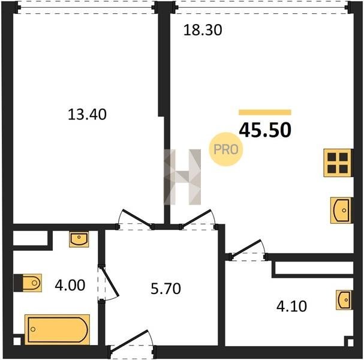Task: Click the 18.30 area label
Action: (203, 30)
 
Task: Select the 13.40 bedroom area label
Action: (87, 115)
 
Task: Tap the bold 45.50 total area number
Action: (265, 130)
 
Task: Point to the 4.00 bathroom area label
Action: (70, 285)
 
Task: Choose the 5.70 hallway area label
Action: (166, 289)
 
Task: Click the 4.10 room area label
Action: (291, 306)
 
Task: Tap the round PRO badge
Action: (226, 149)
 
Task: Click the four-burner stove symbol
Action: (338, 163)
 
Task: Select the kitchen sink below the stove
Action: (341, 211)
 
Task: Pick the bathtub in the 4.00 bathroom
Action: (57, 329)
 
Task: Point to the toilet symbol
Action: (28, 283)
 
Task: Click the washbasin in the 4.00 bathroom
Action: (79, 239)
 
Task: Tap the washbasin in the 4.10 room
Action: (344, 300)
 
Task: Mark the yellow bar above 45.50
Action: (265, 112)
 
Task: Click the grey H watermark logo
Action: (182, 177)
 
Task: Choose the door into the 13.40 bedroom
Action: (135, 220)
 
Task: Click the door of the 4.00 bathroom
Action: (108, 283)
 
